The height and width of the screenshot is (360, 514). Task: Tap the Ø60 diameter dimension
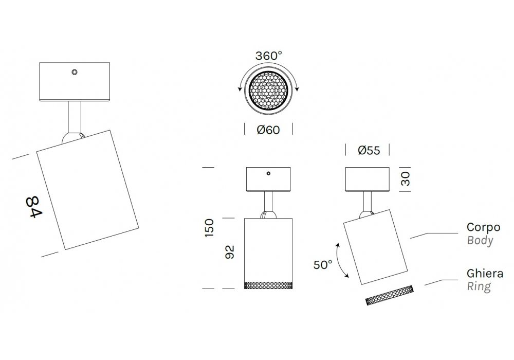click(x=268, y=130)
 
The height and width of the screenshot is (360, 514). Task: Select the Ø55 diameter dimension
click(x=368, y=150)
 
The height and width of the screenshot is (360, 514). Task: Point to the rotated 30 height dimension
click(x=406, y=179)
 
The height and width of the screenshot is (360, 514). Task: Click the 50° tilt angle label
click(x=323, y=265)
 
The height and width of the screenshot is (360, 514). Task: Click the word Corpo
click(x=483, y=227)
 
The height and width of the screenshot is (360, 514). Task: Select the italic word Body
click(x=480, y=240)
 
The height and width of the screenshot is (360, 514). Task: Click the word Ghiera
click(x=485, y=274)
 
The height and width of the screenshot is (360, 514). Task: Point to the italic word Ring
click(x=479, y=286)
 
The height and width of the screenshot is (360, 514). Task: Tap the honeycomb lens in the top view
click(x=268, y=91)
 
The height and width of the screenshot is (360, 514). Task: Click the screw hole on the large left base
click(x=75, y=72)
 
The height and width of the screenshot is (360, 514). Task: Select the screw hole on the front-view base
click(x=268, y=174)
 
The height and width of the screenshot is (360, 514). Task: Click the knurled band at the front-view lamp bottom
click(x=268, y=285)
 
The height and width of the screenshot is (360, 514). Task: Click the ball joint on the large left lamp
click(x=71, y=138)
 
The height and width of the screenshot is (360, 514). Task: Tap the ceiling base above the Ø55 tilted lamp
click(x=368, y=179)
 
